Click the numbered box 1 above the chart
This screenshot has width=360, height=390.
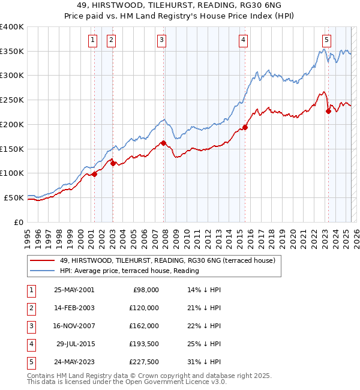click(94, 40)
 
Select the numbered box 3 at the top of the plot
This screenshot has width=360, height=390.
click(162, 40)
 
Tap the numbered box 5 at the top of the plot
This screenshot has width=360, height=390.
click(326, 40)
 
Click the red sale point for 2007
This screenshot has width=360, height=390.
click(163, 143)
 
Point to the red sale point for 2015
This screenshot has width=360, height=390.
click(245, 127)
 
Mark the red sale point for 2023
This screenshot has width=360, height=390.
click(328, 111)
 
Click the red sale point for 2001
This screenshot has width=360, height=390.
click(94, 174)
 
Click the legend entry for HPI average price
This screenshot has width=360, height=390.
click(129, 271)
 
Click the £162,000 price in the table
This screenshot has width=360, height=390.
click(145, 326)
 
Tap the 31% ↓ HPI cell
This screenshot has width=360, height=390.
click(203, 362)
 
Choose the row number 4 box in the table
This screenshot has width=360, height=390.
click(30, 344)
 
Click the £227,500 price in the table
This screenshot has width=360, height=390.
click(145, 362)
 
